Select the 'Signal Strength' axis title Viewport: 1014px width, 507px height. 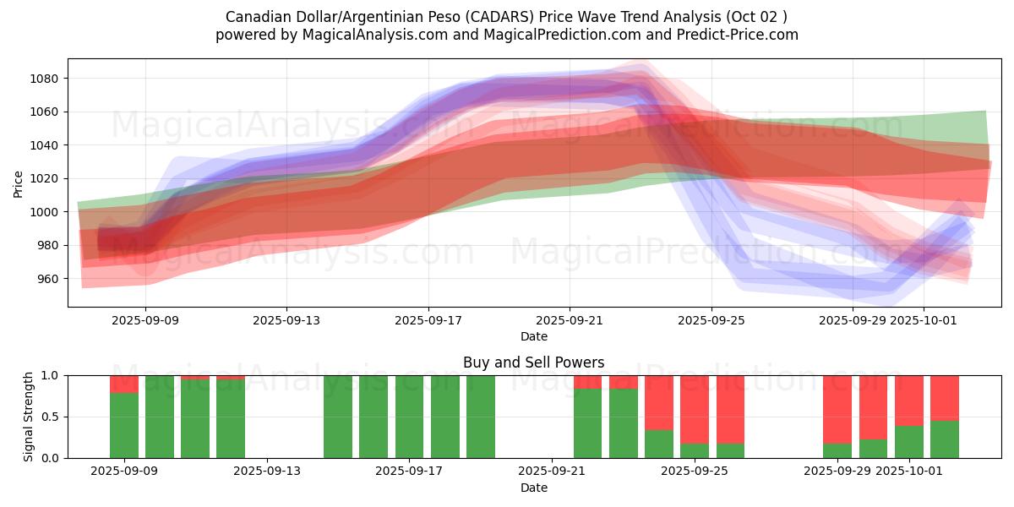[x=29, y=417]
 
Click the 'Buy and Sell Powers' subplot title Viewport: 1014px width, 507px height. [x=533, y=363]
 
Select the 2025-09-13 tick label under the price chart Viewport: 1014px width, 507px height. [x=286, y=320]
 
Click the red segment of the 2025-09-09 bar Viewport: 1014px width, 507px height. [x=124, y=384]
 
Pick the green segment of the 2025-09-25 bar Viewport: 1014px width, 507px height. [x=695, y=450]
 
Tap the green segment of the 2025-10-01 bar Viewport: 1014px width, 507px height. [x=909, y=441]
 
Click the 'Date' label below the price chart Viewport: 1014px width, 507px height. [x=533, y=336]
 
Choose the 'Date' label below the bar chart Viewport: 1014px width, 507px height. [x=533, y=488]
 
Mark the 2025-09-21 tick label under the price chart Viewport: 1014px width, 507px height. [x=570, y=320]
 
